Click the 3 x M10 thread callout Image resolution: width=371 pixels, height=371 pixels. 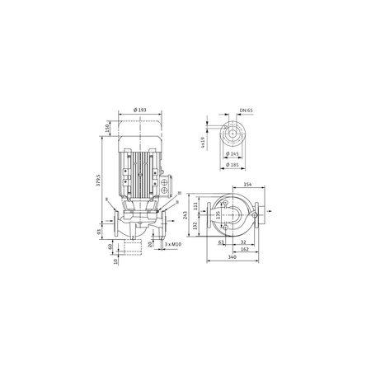click(x=172, y=245)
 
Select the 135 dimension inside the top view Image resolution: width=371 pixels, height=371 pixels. click(x=218, y=217)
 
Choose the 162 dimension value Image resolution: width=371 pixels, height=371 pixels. click(x=245, y=249)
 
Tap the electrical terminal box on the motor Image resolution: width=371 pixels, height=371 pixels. click(x=167, y=176)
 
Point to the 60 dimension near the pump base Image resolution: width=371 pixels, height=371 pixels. click(x=109, y=246)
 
